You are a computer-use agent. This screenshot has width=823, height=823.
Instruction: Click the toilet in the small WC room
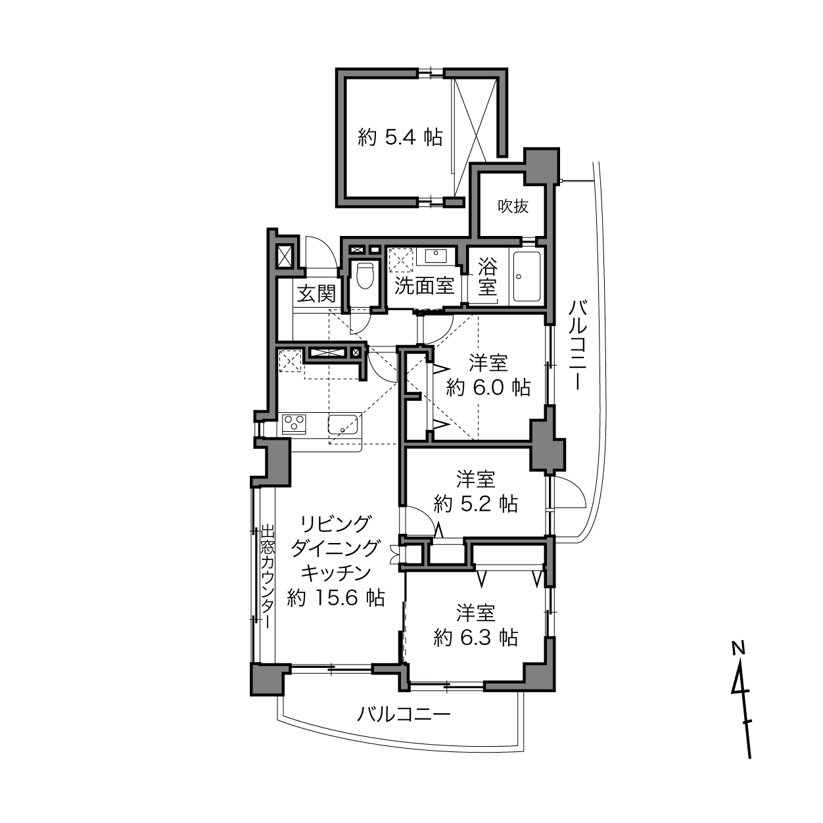(x=365, y=275)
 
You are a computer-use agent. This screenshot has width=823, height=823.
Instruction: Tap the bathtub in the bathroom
(x=527, y=276)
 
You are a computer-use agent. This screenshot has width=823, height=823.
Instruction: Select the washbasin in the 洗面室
(x=432, y=256)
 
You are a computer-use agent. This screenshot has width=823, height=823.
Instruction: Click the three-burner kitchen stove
(x=294, y=424)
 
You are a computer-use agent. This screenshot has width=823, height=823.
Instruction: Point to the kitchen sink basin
(x=343, y=425)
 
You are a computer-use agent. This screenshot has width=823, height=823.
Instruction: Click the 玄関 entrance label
(x=316, y=294)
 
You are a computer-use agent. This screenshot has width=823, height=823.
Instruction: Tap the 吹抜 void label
(x=513, y=206)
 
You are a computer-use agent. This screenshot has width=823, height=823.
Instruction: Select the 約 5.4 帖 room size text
(x=400, y=137)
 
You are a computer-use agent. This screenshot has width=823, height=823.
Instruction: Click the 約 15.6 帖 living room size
(x=336, y=598)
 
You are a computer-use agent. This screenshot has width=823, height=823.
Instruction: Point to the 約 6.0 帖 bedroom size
(x=488, y=388)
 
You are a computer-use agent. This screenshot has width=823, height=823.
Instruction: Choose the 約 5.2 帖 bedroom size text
(x=476, y=504)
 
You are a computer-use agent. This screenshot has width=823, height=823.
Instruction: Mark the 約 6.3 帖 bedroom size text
(x=476, y=638)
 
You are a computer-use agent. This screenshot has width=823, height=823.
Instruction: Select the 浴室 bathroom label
(x=487, y=276)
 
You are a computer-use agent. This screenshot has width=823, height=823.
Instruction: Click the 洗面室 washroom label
(x=423, y=285)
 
